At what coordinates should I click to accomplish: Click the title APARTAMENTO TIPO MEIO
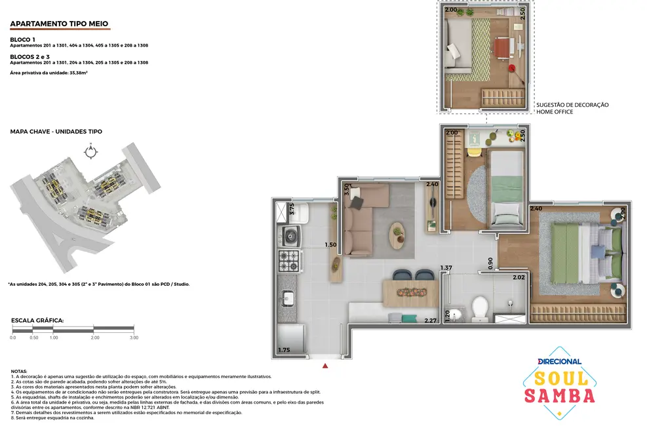[x=59, y=24]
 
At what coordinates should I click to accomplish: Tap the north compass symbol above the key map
[x=90, y=151]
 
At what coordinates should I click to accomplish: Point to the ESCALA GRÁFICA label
[x=37, y=320]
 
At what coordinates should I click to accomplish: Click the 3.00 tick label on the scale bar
[x=133, y=338]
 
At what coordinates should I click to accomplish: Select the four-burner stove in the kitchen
[x=289, y=260]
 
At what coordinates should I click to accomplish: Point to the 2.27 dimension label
[x=430, y=320]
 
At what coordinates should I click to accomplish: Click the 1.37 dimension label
[x=446, y=267]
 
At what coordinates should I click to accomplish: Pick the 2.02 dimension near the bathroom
[x=519, y=277]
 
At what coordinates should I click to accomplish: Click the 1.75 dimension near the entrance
[x=284, y=351]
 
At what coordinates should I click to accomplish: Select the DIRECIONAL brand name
[x=559, y=361]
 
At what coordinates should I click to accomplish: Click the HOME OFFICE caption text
[x=555, y=112]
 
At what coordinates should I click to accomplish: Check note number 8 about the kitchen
[x=52, y=417]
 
